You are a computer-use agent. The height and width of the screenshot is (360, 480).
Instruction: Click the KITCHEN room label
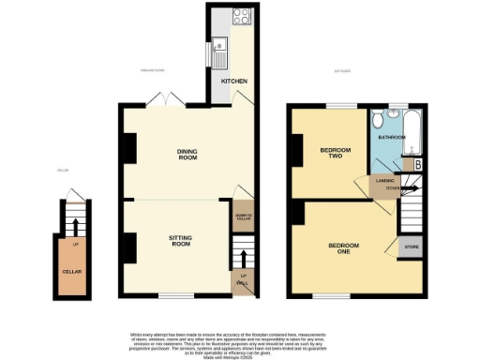coord(234,82)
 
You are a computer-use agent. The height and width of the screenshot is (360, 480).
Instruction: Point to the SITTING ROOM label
coord(180,240)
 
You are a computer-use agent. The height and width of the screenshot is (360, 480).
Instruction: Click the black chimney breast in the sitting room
coord(126,247)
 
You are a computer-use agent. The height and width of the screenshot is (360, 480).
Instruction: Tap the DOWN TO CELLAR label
coord(243,219)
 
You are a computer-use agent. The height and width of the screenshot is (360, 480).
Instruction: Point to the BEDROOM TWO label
coord(335,153)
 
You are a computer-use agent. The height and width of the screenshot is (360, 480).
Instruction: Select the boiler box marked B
coord(416,165)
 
